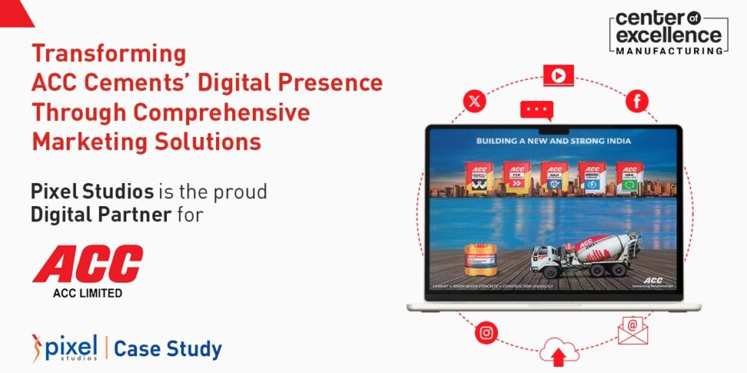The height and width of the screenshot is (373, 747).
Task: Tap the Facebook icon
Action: point(637,101)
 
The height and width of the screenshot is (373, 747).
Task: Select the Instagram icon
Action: point(486,333)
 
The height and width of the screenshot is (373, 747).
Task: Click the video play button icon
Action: point(559,75)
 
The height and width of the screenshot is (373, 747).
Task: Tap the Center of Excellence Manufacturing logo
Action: point(669,31)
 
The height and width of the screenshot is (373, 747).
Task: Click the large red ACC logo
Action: point(87,264)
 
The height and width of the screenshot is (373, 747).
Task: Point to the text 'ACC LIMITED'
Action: point(87,293)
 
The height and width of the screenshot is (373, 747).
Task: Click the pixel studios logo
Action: point(64,348)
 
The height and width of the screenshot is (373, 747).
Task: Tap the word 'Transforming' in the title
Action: point(108,54)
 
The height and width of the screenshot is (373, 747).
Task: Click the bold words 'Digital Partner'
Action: point(100,215)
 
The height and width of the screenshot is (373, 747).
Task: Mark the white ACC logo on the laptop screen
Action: point(651,280)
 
